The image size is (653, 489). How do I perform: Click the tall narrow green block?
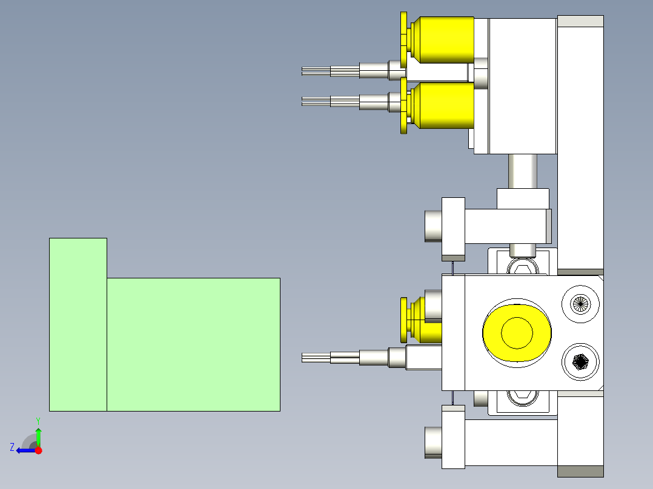(x=78, y=324)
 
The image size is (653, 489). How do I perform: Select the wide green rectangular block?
(x=193, y=344)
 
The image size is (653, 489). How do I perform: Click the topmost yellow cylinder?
(x=443, y=40)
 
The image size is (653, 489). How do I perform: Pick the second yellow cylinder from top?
(x=443, y=105)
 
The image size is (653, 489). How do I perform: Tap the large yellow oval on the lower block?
(x=517, y=333)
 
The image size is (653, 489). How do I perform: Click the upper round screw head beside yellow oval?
(x=580, y=304)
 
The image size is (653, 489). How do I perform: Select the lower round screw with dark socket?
(x=580, y=362)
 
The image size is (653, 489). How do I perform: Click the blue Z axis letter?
(x=12, y=447)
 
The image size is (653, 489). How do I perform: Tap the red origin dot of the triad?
(x=38, y=450)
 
